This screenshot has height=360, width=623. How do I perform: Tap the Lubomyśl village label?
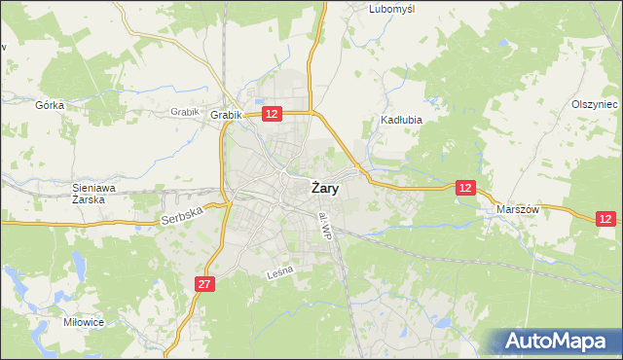pos(392,9)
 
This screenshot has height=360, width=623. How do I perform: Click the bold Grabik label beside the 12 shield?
pos(225,115)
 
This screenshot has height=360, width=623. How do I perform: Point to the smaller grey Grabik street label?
pos(184,112)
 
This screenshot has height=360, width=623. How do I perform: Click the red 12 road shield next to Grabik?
pos(272,114)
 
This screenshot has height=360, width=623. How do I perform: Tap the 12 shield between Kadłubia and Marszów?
pos(465,187)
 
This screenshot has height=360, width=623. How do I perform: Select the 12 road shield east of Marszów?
pos(606,221)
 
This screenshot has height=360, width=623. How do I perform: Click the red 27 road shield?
pos(203,283)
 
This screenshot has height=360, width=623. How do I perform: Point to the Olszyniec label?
pos(595,104)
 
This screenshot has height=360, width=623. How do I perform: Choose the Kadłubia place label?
pos(398,122)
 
